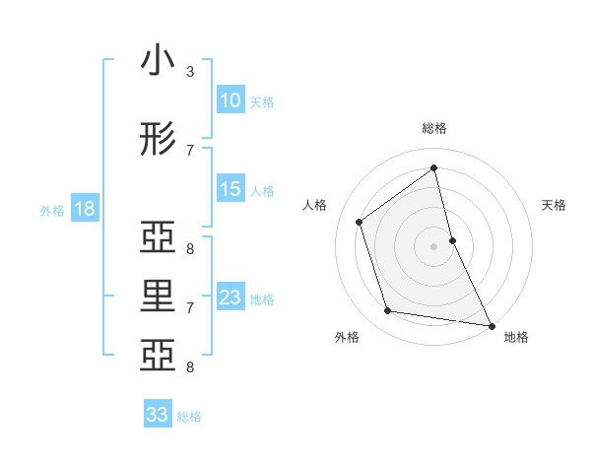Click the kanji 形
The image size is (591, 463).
point(158,140)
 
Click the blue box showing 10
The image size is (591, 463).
point(230,100)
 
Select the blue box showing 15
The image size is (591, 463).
point(230,189)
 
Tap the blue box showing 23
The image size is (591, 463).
point(230,298)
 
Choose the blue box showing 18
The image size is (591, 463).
point(84,209)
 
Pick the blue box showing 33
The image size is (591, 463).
point(158,415)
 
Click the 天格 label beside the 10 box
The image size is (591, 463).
point(262,101)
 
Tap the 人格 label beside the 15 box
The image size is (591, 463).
point(262,190)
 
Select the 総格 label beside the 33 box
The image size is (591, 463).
point(189,417)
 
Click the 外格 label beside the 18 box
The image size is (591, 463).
point(52,210)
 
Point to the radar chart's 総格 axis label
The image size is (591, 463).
point(434,128)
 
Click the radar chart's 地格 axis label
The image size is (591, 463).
point(516,337)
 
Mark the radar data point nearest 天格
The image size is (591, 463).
point(452,239)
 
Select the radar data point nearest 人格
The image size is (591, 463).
point(360,222)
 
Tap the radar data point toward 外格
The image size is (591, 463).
point(388,311)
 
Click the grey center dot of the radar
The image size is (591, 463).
point(434,245)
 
